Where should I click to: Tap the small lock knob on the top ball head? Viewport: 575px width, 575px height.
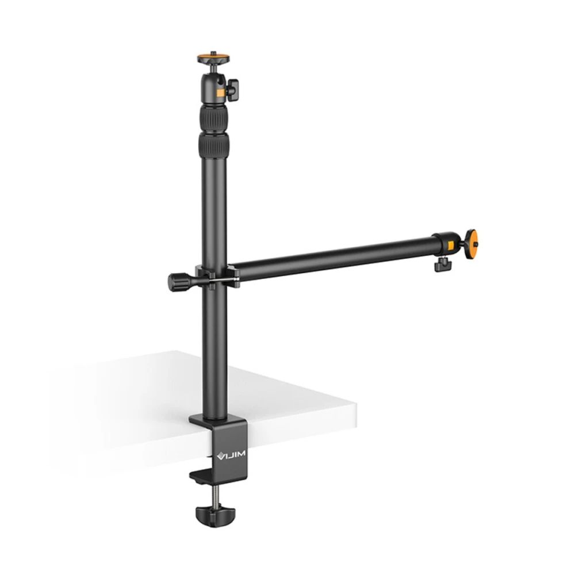[232, 89]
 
